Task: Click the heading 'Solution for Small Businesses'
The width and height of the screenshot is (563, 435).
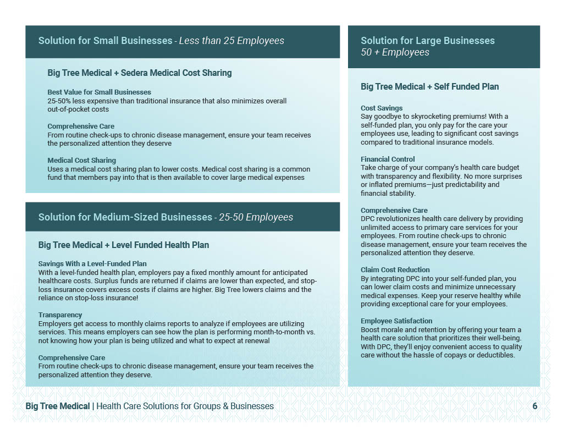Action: pyautogui.click(x=105, y=41)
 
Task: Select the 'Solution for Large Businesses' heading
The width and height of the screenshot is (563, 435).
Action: pyautogui.click(x=427, y=41)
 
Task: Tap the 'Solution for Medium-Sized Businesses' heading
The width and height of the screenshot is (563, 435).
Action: pyautogui.click(x=125, y=217)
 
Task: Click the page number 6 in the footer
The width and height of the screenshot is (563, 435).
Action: pyautogui.click(x=534, y=406)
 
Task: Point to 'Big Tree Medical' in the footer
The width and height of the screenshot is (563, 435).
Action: pyautogui.click(x=58, y=406)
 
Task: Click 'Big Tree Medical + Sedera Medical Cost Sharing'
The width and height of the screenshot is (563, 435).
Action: pyautogui.click(x=139, y=73)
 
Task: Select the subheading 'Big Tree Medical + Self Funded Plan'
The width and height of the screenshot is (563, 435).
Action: pyautogui.click(x=429, y=86)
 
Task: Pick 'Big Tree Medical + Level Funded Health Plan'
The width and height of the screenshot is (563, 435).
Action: pyautogui.click(x=123, y=245)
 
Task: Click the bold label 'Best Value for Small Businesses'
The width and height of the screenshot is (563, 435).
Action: pyautogui.click(x=99, y=92)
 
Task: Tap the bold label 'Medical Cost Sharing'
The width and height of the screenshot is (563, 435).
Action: pyautogui.click(x=81, y=161)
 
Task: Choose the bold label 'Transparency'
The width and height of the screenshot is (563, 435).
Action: pyautogui.click(x=60, y=315)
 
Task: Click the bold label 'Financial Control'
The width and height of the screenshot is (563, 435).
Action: pyautogui.click(x=388, y=159)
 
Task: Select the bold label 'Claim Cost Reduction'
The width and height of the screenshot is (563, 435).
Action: pyautogui.click(x=395, y=270)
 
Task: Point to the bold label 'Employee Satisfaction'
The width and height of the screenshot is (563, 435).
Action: pyautogui.click(x=396, y=321)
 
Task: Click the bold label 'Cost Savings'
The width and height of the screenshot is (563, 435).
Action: pyautogui.click(x=382, y=108)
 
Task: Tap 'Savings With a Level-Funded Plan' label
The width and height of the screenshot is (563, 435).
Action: pyautogui.click(x=92, y=264)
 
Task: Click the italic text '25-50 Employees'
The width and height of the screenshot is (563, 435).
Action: pyautogui.click(x=256, y=217)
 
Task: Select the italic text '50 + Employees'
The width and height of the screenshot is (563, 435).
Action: pyautogui.click(x=395, y=53)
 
